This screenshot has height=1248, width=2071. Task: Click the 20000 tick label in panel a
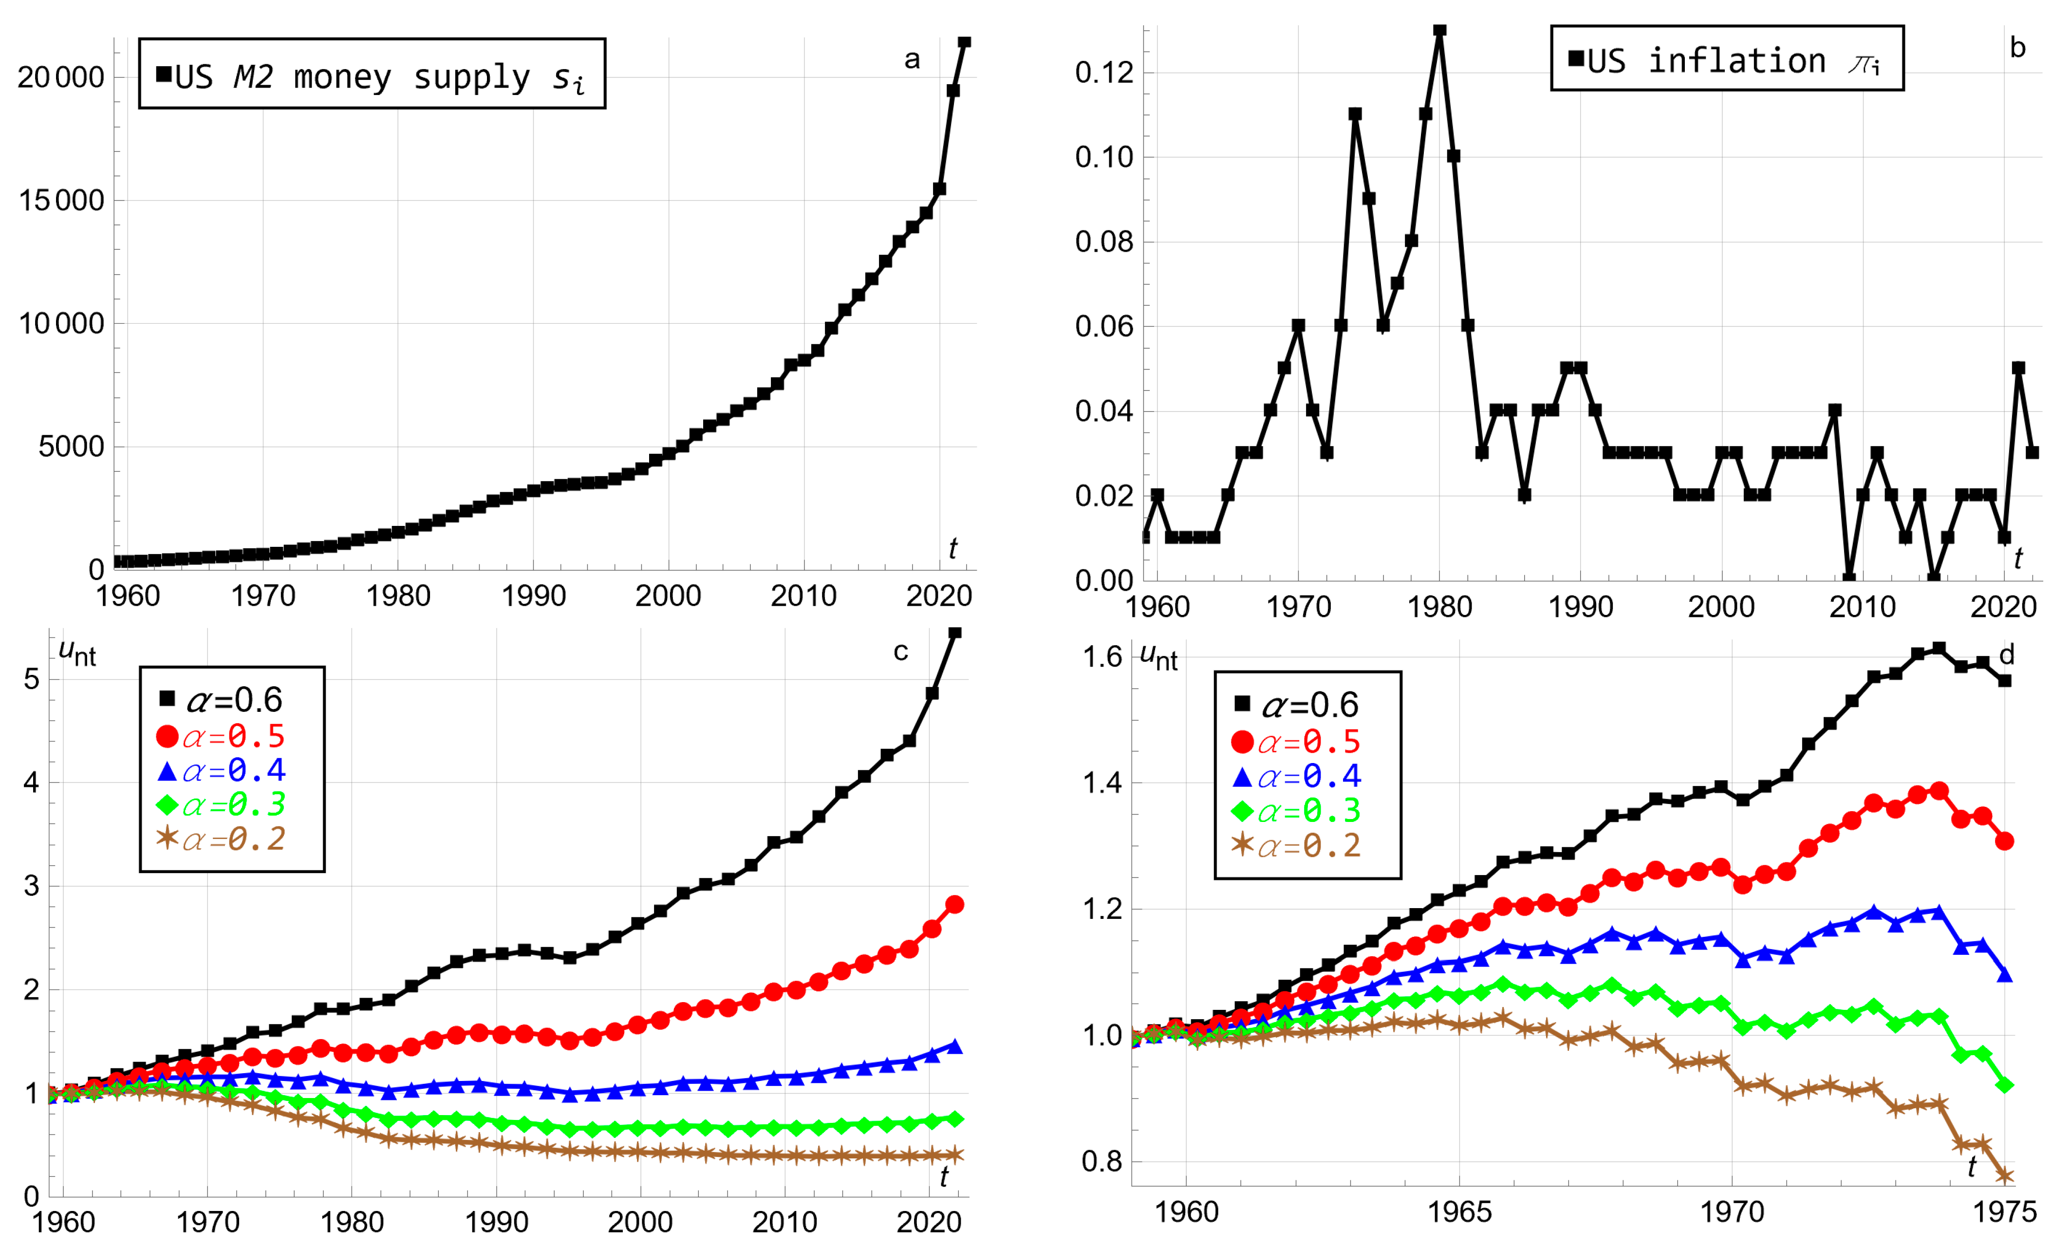[x=60, y=77]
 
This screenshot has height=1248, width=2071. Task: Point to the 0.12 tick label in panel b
[x=1103, y=72]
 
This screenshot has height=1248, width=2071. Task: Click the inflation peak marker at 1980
[x=1440, y=30]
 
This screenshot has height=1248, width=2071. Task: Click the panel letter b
[x=2017, y=48]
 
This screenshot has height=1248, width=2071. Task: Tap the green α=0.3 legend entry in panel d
[x=1296, y=810]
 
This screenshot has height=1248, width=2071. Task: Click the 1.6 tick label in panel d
[x=1102, y=656]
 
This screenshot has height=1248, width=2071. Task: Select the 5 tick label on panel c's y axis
[x=32, y=679]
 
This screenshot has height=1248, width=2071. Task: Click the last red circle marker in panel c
[x=955, y=904]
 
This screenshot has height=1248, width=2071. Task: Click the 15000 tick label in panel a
[x=60, y=200]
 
